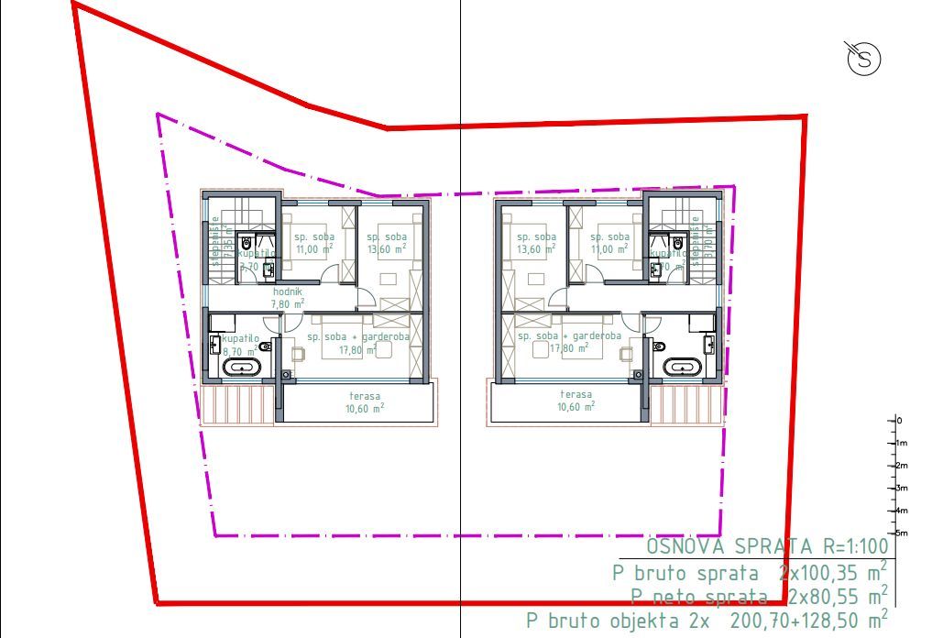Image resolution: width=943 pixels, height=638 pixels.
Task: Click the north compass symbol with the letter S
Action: pyautogui.click(x=863, y=60)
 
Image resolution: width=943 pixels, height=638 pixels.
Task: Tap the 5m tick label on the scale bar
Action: pyautogui.click(x=902, y=533)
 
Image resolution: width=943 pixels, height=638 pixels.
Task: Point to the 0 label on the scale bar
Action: pyautogui.click(x=899, y=420)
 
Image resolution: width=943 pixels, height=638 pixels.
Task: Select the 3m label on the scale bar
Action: pyautogui.click(x=902, y=488)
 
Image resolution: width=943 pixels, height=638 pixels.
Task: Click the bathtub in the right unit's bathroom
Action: pyautogui.click(x=683, y=368)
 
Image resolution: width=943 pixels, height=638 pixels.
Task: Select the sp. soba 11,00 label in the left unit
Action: pyautogui.click(x=313, y=241)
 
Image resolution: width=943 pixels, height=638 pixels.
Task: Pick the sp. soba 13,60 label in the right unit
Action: pyautogui.click(x=536, y=242)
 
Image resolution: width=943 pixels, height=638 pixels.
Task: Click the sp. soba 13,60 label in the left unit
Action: pyautogui.click(x=388, y=242)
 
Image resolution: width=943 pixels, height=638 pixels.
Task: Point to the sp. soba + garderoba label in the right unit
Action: pyautogui.click(x=569, y=341)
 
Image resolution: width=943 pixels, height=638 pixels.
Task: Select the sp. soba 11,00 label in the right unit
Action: pyautogui.click(x=610, y=242)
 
